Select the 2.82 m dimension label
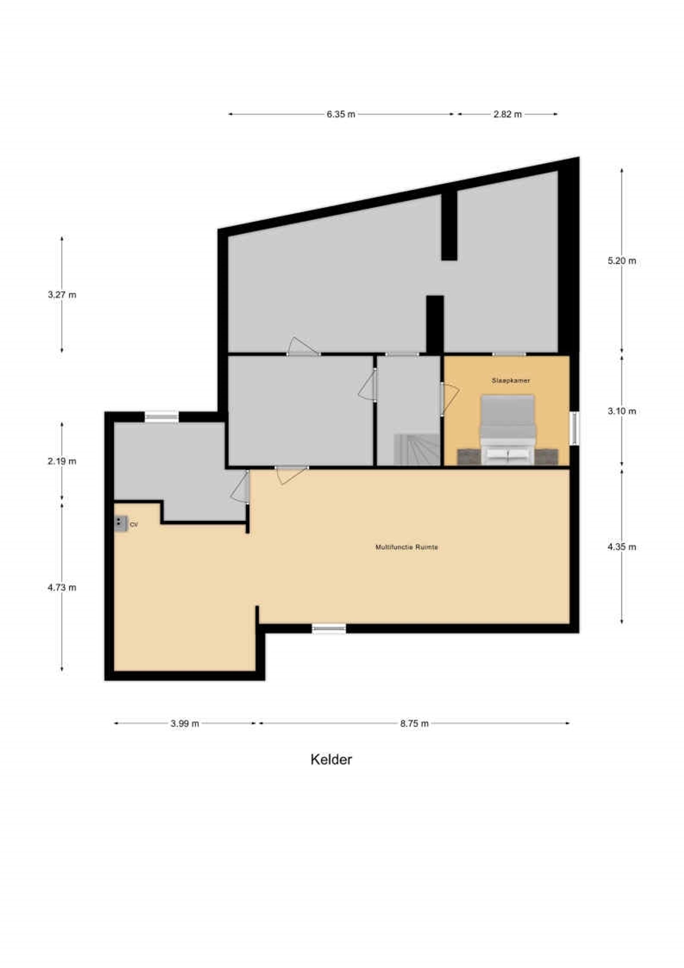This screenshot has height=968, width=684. [508, 114]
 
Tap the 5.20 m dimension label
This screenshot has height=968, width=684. [622, 261]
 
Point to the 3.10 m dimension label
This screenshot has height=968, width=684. [622, 411]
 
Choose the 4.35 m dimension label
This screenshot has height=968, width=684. [622, 547]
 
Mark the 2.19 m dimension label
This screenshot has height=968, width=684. [62, 461]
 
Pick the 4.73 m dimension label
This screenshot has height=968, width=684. [62, 587]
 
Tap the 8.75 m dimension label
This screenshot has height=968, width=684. [415, 723]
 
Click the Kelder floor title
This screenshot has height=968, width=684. [331, 760]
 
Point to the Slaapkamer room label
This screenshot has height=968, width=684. [510, 381]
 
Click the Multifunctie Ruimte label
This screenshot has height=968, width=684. [407, 547]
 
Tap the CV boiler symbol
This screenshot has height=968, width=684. [121, 523]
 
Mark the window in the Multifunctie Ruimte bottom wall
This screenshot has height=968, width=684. [329, 628]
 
